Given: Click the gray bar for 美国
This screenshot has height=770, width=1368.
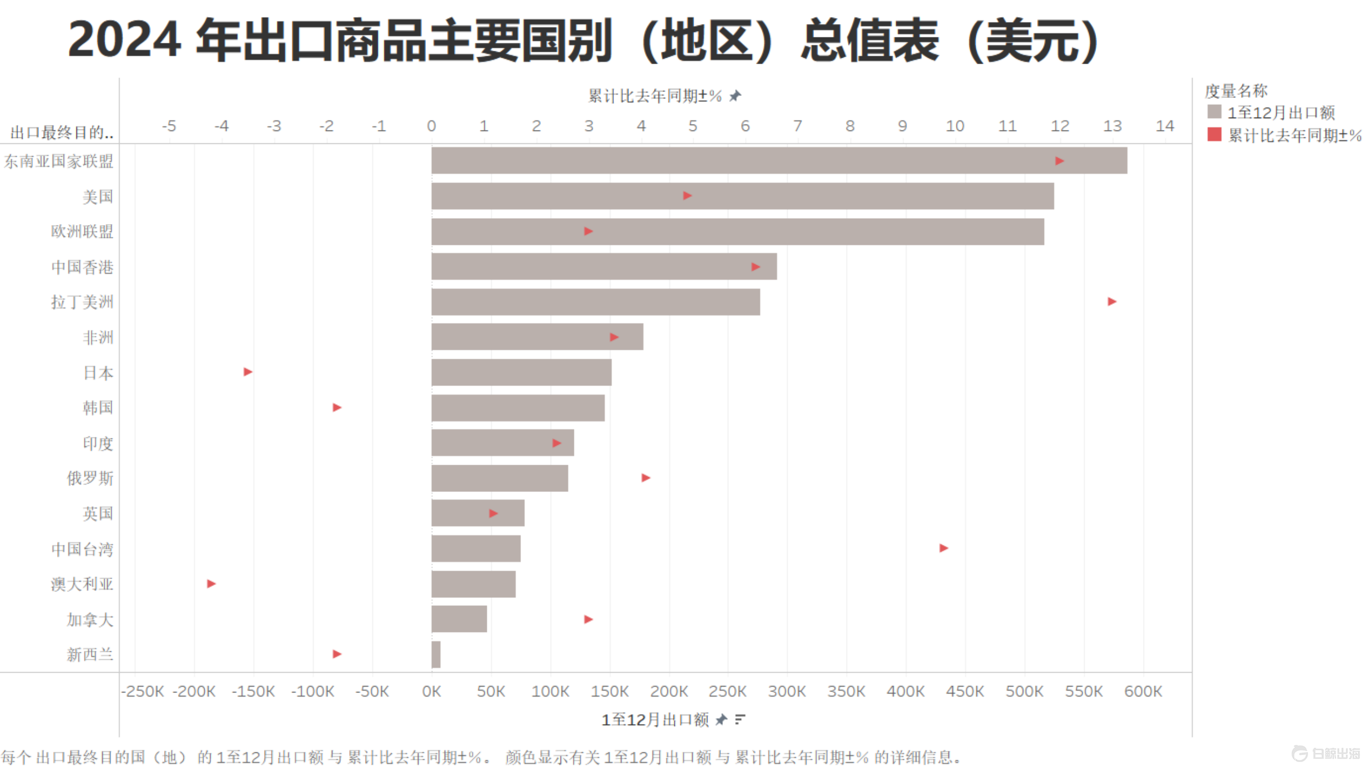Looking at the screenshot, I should (x=743, y=196).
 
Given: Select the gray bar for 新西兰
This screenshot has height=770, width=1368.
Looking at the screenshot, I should (x=436, y=654).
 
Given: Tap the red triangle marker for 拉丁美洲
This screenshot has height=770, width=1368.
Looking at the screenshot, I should (x=1111, y=302).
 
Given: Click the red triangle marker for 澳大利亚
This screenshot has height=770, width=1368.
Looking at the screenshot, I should (x=212, y=583).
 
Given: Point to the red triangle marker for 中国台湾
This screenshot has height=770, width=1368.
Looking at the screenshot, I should (x=944, y=548).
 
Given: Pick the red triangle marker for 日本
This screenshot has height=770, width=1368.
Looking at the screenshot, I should (x=248, y=372).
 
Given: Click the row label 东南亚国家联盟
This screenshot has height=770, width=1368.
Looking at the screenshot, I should (x=59, y=161).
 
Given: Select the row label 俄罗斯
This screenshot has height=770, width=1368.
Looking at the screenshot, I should (x=90, y=478).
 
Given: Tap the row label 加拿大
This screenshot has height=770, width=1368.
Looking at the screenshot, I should (x=90, y=619).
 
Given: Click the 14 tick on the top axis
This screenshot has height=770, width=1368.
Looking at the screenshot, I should (x=1165, y=126).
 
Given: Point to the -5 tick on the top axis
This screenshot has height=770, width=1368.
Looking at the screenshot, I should (x=169, y=126).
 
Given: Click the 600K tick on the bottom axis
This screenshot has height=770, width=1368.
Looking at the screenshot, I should (x=1143, y=691).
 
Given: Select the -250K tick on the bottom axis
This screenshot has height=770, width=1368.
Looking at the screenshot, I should (x=143, y=691).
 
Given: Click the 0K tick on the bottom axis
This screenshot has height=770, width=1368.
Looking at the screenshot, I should (x=431, y=691).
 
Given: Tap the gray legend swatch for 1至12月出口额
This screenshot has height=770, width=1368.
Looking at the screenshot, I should (x=1214, y=112).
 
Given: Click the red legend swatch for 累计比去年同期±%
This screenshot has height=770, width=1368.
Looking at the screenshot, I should (x=1214, y=134).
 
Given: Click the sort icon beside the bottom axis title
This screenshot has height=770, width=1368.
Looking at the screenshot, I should (x=740, y=720).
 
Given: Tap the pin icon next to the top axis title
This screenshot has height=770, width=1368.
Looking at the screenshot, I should (x=736, y=96).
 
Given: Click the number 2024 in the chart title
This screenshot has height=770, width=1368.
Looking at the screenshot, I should (x=124, y=40).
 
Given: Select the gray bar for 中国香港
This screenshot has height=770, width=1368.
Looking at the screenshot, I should (x=604, y=266).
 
